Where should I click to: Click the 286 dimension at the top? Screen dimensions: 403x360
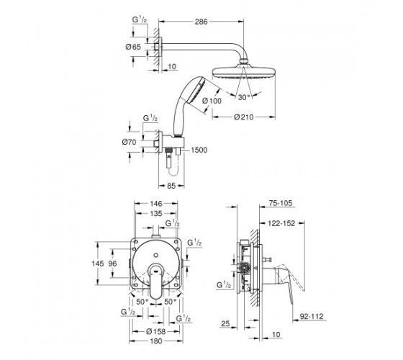201,22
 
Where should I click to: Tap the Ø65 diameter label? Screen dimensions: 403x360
133,47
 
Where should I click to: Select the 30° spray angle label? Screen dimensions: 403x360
244,97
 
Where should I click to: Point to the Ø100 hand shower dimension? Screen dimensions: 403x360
212,101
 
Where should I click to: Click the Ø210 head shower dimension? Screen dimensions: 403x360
244,117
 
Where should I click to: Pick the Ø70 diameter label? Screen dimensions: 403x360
130,142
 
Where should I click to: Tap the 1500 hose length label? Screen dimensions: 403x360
199,150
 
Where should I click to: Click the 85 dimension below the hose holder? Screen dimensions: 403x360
171,186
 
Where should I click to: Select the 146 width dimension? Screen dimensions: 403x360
156,204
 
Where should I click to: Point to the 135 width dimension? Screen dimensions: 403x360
156,213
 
